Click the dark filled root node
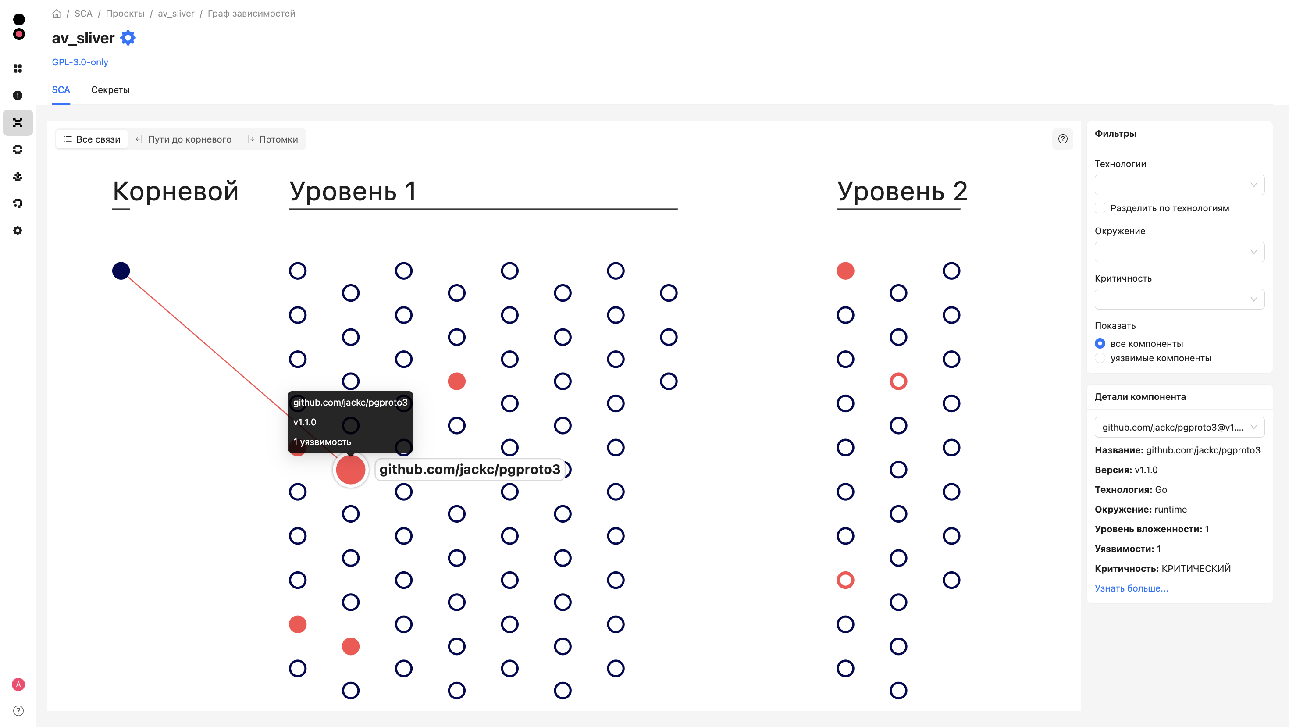click(121, 271)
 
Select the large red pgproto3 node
click(350, 469)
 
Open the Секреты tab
click(110, 90)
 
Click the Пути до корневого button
click(184, 139)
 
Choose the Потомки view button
click(273, 139)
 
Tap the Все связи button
click(92, 139)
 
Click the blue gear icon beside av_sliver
click(128, 38)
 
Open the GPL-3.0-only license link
click(80, 62)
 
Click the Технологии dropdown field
click(1179, 185)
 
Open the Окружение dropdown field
click(1179, 252)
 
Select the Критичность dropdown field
click(1179, 299)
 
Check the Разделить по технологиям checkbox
click(1100, 208)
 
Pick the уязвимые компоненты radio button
click(1100, 358)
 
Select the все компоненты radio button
click(1100, 344)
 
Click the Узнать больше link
click(1131, 588)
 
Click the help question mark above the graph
click(1063, 139)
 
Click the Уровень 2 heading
click(902, 191)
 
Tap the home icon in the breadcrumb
click(57, 14)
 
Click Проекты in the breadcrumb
click(125, 14)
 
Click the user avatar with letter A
click(18, 684)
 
